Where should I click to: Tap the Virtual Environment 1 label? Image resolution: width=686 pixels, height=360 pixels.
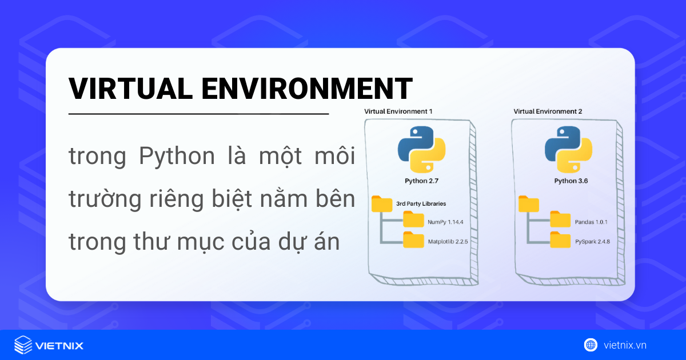pos(398,111)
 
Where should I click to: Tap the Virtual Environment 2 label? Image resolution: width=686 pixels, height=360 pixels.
pos(548,111)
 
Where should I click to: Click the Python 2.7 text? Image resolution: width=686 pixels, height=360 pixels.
pos(421,182)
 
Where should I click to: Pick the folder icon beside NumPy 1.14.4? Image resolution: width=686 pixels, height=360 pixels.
pos(413,220)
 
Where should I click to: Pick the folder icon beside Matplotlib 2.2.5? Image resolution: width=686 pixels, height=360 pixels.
pos(413,240)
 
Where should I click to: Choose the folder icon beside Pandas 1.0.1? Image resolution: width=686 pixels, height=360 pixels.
pos(560,220)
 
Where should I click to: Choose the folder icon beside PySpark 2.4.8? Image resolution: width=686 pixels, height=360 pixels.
pos(560,240)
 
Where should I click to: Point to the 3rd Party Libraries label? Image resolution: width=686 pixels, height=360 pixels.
pos(421,203)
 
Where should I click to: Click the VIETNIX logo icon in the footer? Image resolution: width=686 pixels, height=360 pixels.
pos(23,345)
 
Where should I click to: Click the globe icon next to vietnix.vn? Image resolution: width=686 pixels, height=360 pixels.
pos(591,345)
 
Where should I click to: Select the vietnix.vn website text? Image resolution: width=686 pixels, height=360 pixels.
pos(625,345)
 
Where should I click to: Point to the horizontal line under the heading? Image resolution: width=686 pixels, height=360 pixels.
pos(198,114)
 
